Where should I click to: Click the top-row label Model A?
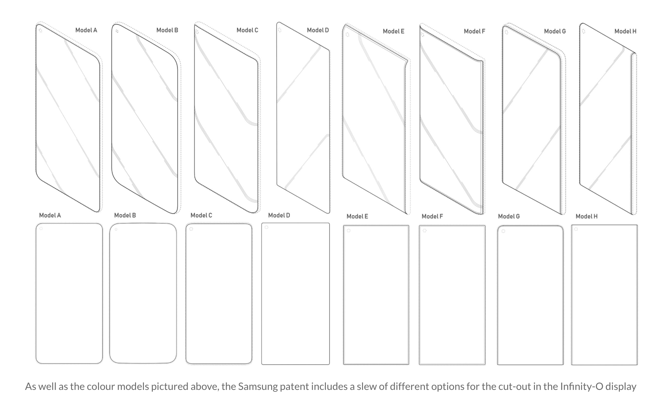pyautogui.click(x=86, y=30)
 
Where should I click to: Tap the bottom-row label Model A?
pyautogui.click(x=50, y=215)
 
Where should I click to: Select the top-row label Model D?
pyautogui.click(x=318, y=30)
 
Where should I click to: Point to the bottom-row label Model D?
pyautogui.click(x=279, y=215)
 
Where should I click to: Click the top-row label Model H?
pyautogui.click(x=626, y=31)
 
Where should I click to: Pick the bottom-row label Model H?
pyautogui.click(x=586, y=216)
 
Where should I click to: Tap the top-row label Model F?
pyautogui.click(x=474, y=31)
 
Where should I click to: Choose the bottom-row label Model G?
pyautogui.click(x=509, y=216)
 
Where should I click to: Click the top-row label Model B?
pyautogui.click(x=167, y=30)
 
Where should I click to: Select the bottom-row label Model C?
pyautogui.click(x=201, y=215)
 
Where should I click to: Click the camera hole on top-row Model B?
pyautogui.click(x=117, y=31)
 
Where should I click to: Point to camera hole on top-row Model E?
pyautogui.click(x=347, y=35)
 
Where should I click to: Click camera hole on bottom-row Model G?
pyautogui.click(x=503, y=231)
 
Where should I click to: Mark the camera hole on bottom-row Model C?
pyautogui.click(x=191, y=229)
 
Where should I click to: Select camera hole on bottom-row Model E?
pyautogui.click(x=349, y=231)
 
